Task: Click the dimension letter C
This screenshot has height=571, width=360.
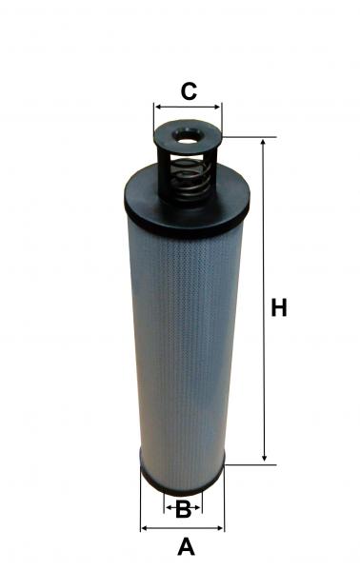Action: click(189, 91)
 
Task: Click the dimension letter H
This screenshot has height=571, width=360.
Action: click(279, 307)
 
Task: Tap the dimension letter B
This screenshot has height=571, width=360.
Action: click(183, 509)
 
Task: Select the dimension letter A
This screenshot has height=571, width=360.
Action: click(186, 546)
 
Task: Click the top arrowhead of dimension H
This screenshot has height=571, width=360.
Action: click(263, 143)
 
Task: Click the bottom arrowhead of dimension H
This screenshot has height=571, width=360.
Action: click(264, 457)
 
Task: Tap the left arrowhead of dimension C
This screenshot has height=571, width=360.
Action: click(158, 107)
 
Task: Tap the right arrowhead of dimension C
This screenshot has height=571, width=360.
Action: click(217, 107)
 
